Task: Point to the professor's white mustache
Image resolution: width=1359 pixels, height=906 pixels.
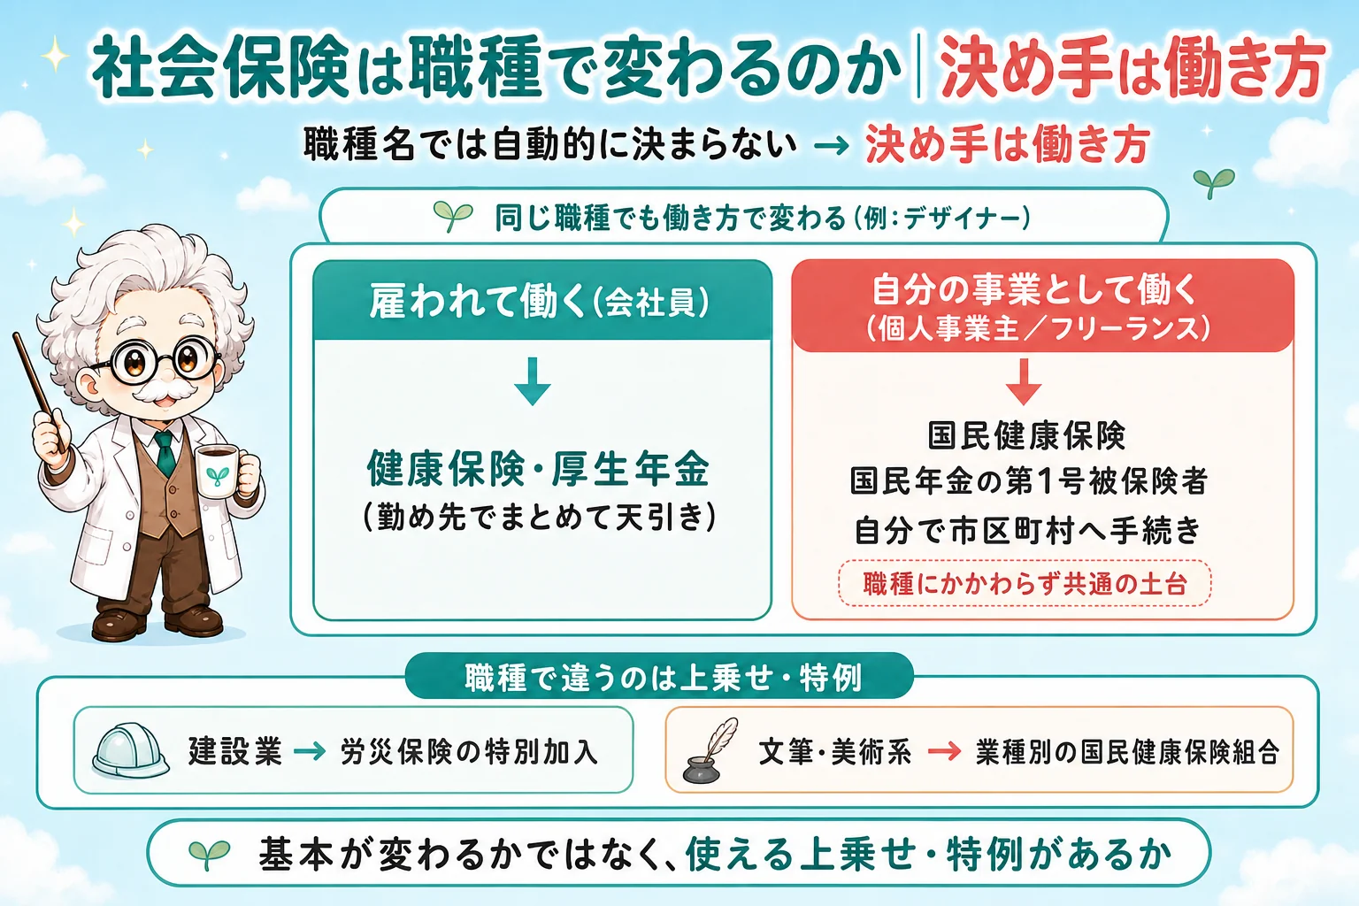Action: click(x=163, y=390)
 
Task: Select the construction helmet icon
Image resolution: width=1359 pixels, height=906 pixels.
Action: click(x=129, y=750)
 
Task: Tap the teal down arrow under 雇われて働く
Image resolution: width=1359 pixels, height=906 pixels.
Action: click(x=532, y=381)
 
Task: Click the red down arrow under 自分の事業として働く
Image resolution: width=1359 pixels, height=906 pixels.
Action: click(x=1024, y=381)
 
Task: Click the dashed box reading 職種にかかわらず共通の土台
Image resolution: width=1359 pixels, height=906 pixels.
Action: click(x=1025, y=583)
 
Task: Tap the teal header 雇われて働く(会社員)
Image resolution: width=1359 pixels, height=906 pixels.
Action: click(x=541, y=301)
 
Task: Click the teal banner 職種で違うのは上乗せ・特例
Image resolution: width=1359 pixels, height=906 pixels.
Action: click(x=659, y=677)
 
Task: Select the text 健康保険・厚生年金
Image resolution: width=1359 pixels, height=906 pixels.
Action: click(x=538, y=469)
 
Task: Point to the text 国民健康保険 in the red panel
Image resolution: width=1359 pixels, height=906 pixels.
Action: click(x=1026, y=435)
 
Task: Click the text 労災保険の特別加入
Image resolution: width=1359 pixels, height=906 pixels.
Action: click(x=470, y=752)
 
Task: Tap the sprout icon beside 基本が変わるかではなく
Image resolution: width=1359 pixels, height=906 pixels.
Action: click(x=210, y=854)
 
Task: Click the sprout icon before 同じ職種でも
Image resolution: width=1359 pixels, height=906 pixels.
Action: click(x=453, y=217)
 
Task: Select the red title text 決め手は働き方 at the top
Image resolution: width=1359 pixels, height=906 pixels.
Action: click(x=1132, y=66)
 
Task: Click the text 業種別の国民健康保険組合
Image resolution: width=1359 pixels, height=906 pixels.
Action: click(x=1128, y=752)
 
